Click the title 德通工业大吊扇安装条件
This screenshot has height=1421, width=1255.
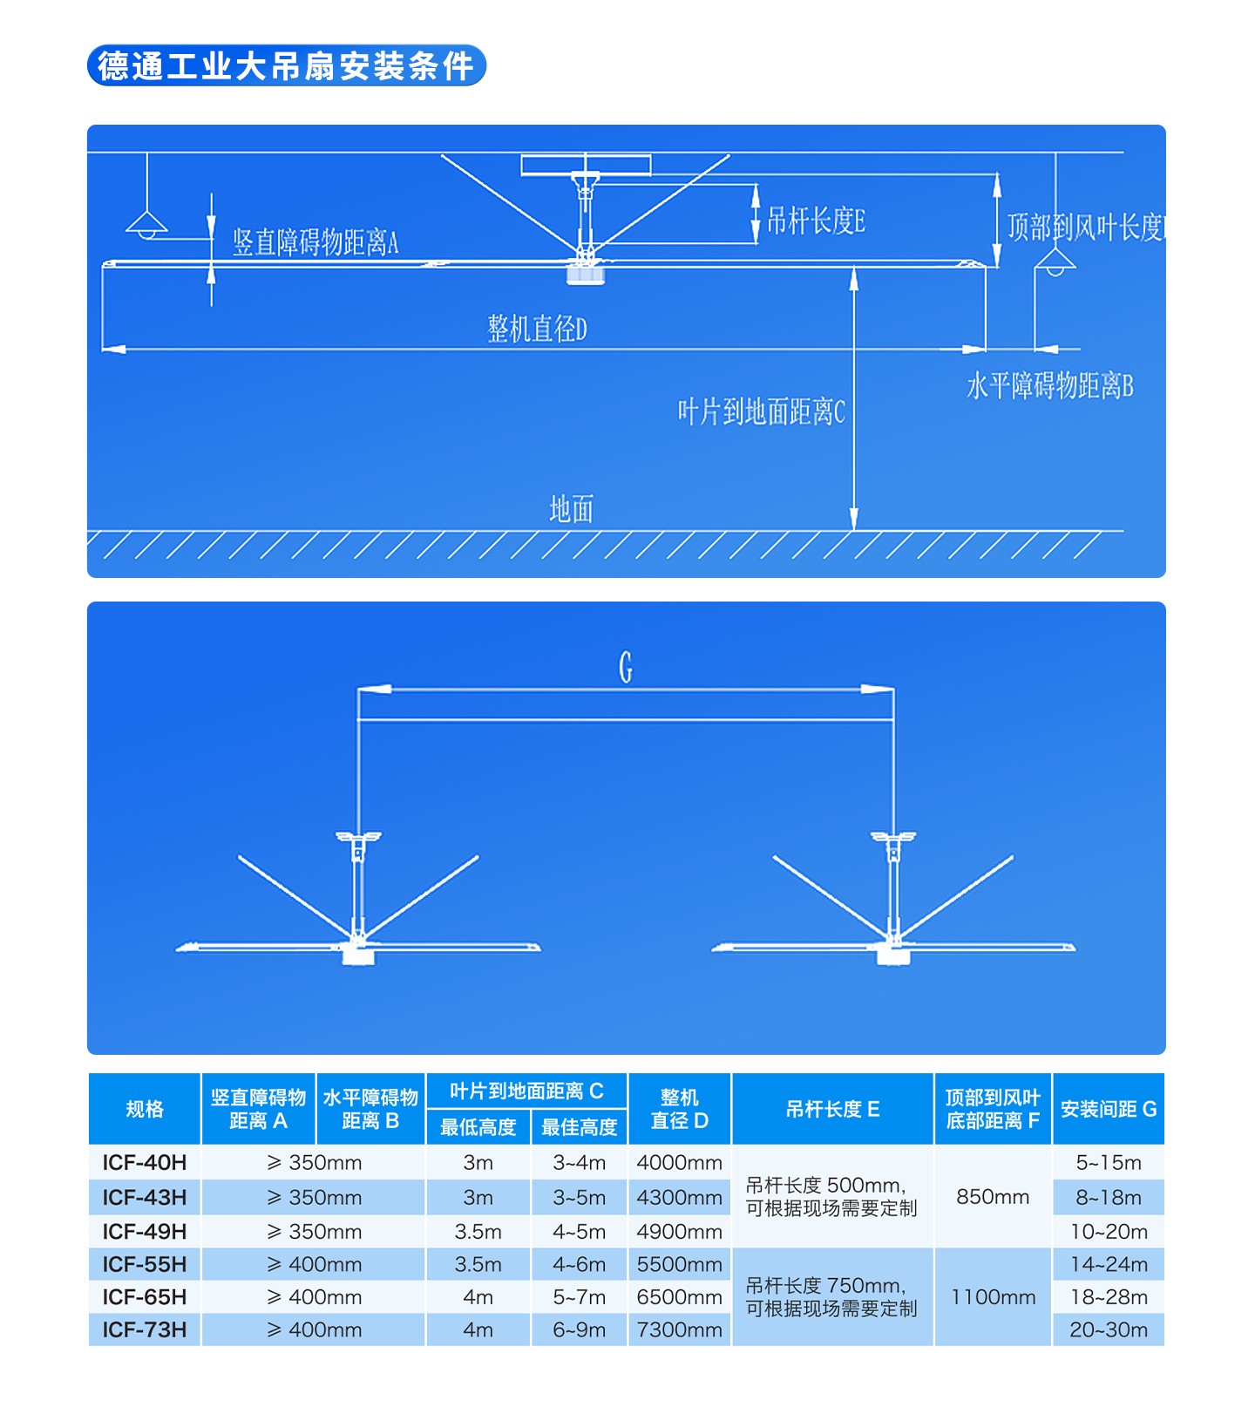286,65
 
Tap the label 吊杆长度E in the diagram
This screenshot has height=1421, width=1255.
816,221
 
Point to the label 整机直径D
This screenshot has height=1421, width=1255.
537,329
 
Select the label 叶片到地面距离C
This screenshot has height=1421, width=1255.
762,411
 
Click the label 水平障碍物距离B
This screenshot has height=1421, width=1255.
1050,385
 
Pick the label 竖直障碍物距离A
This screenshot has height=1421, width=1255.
315,242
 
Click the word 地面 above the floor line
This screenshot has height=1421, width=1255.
572,509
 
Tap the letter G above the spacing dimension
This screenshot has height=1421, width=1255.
626,668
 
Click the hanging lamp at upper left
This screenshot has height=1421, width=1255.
147,224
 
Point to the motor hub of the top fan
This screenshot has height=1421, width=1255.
586,272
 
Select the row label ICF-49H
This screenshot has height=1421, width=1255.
145,1232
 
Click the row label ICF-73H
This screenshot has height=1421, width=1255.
145,1330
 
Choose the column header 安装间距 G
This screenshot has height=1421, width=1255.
1109,1109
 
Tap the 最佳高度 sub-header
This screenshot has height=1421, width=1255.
580,1127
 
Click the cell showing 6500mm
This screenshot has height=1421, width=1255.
680,1297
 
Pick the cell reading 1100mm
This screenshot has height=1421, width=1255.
994,1297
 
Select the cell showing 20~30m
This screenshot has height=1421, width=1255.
1109,1330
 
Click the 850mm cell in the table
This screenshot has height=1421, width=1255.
994,1197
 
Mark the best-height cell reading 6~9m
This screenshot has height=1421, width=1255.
580,1330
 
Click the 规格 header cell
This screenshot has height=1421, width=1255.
145,1109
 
